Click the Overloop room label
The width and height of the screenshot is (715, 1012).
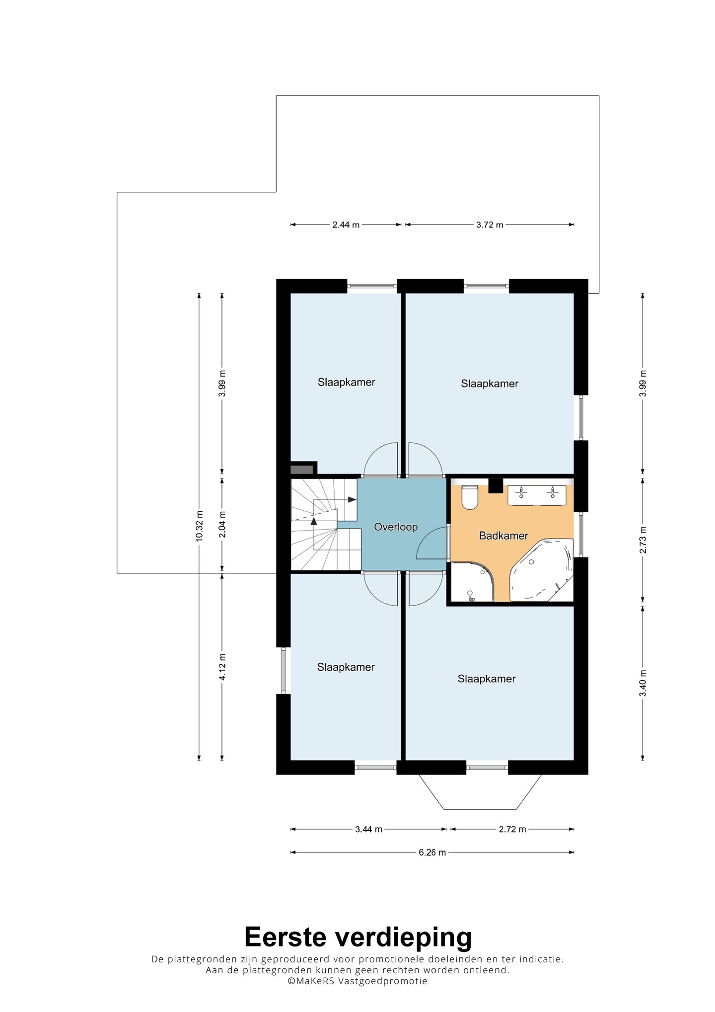(396, 527)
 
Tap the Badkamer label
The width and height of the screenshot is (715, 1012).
(503, 536)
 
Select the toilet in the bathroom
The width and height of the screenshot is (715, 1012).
(470, 497)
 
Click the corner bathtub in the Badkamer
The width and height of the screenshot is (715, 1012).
(542, 570)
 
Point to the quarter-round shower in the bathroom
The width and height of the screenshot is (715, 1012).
(472, 582)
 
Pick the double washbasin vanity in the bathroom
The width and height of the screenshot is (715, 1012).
(537, 495)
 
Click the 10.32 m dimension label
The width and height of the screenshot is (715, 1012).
(199, 526)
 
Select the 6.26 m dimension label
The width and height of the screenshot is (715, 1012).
(432, 853)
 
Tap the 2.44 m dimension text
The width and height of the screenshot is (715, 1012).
(346, 225)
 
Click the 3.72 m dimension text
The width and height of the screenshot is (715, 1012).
(490, 225)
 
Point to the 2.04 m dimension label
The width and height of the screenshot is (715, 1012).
(222, 525)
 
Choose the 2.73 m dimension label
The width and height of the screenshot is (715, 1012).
(643, 540)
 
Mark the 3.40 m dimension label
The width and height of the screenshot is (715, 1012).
(643, 684)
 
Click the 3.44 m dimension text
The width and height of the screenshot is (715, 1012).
(368, 829)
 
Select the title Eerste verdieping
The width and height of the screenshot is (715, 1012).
(358, 937)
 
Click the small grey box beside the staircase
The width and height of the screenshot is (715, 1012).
(302, 469)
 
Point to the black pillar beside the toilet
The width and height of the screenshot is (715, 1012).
(496, 485)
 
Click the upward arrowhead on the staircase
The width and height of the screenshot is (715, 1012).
(314, 521)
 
